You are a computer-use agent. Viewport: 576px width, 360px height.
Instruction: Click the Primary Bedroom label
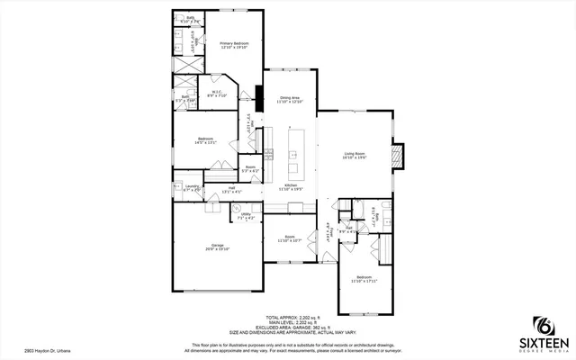pyautogui.click(x=234, y=42)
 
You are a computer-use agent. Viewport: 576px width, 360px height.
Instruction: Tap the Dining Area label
pyautogui.click(x=290, y=99)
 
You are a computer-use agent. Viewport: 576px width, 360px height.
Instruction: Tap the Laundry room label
pyautogui.click(x=192, y=189)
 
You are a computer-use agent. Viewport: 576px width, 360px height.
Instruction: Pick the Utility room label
pyautogui.click(x=245, y=216)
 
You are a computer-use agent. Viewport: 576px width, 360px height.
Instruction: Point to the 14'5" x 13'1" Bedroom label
pyautogui.click(x=205, y=139)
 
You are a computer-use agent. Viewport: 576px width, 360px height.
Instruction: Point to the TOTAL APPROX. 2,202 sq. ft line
pyautogui.click(x=297, y=317)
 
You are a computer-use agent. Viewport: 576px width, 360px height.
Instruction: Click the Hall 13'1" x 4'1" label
pyautogui.click(x=219, y=190)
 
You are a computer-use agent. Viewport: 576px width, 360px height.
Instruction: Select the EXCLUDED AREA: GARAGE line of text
pyautogui.click(x=297, y=327)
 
